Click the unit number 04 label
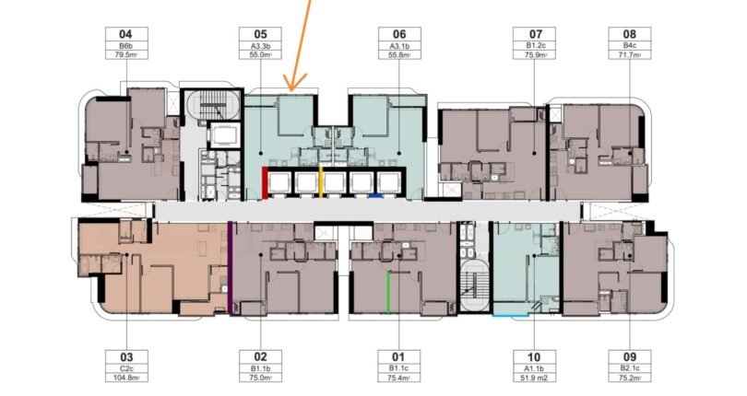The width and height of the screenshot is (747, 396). coord(126,34)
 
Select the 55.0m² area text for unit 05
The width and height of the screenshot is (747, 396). coord(261,54)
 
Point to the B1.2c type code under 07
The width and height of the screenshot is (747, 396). coord(534,46)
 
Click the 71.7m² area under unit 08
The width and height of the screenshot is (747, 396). coord(630,54)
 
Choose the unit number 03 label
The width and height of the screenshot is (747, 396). coord(126,357)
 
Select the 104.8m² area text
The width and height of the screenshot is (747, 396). coord(126,378)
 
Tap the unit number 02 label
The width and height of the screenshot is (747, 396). coord(261,357)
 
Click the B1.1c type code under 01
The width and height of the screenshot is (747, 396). coord(399,368)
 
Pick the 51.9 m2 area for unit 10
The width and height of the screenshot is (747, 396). coord(534,378)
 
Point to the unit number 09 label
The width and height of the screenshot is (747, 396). coord(630,357)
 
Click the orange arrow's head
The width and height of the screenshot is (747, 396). coord(290,88)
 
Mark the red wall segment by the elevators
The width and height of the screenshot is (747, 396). coord(265,183)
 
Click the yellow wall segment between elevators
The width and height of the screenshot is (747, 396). coord(321,181)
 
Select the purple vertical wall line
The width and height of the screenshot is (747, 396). coord(231,268)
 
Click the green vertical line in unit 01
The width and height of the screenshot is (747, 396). coord(388,292)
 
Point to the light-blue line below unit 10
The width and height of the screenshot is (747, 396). coord(511,315)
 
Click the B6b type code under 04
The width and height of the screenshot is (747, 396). coord(126,46)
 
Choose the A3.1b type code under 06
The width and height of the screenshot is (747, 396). coord(399,46)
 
